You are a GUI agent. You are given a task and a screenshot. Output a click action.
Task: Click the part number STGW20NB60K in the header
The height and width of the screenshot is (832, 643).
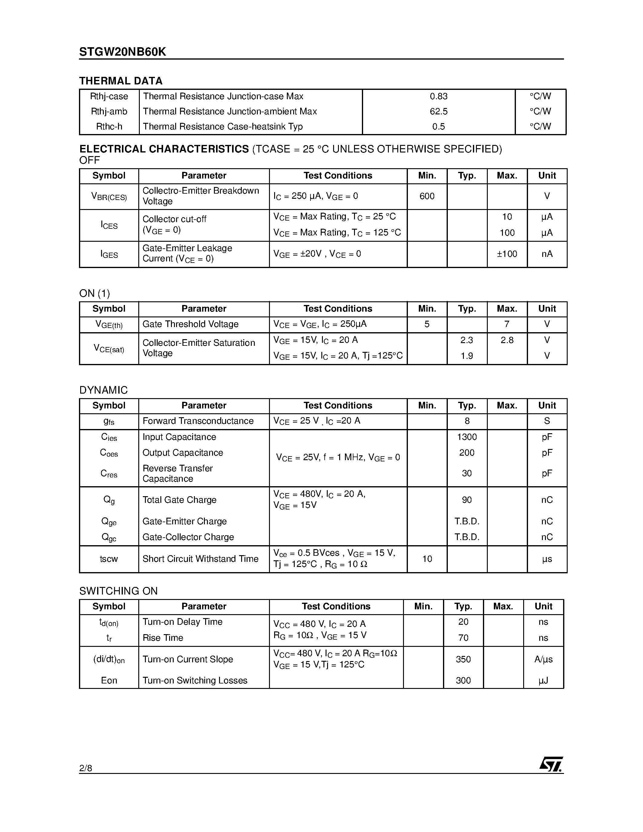[122, 52]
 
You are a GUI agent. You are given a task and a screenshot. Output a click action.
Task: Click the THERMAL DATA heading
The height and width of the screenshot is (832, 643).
[121, 81]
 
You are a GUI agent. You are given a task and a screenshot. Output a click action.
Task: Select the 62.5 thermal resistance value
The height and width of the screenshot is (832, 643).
[438, 112]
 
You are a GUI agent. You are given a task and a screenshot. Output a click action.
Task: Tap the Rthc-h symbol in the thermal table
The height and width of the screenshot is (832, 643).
[109, 126]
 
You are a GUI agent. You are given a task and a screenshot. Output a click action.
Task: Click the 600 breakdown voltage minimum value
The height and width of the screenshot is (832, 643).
[427, 196]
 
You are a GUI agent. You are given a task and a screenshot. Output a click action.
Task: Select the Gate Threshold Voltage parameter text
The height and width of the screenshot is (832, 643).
[190, 324]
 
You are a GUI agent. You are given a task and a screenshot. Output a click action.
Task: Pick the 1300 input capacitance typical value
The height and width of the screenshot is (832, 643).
[467, 437]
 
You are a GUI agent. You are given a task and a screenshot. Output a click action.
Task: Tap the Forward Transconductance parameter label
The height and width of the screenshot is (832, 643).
[198, 421]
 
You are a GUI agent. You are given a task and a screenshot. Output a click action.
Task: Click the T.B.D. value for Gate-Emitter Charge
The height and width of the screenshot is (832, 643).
[467, 521]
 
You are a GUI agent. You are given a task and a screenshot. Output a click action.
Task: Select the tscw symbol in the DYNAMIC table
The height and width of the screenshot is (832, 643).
[109, 559]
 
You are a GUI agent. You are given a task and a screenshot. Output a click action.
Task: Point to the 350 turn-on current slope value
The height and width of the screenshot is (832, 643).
[463, 660]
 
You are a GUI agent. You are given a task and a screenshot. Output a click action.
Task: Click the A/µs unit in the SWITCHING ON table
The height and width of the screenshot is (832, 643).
[543, 660]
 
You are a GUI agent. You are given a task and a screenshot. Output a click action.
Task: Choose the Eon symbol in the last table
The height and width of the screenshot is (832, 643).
[109, 680]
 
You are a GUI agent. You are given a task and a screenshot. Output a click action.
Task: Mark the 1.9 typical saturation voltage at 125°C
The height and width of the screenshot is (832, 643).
[467, 356]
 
